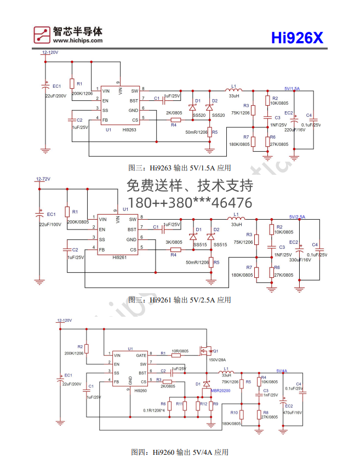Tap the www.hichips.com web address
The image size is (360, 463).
78,41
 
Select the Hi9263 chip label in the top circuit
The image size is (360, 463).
129,130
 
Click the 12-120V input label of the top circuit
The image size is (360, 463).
50,53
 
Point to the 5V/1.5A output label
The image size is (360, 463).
292,88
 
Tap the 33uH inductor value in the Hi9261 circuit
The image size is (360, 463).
236,224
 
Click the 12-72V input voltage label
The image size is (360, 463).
43,179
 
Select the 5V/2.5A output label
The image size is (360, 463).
297,217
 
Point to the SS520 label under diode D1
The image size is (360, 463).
199,115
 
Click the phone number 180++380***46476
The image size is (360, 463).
190,203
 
